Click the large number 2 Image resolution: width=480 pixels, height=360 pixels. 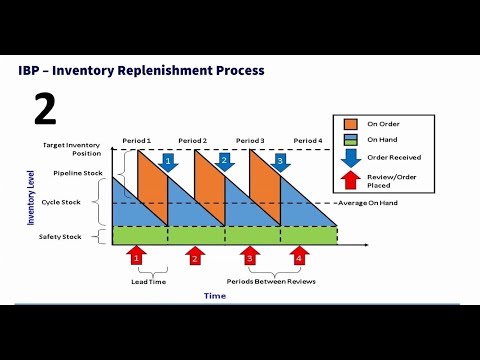pos(44,107)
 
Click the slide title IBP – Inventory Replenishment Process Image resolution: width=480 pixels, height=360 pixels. pos(141,71)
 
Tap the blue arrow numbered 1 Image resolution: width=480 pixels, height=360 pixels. pos(168,160)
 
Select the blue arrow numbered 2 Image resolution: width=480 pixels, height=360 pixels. pos(224,160)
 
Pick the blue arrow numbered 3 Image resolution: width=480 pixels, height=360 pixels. pos(280,160)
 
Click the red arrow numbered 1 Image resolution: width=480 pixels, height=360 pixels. pos(138,257)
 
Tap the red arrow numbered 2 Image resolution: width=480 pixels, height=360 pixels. pos(195,257)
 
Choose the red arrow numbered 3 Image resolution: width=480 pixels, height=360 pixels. pos(250,257)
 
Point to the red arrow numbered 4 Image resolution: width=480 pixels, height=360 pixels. pos(299,257)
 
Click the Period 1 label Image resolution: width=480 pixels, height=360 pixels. pos(138,140)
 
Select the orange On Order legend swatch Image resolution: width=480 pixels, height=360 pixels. pos(349,123)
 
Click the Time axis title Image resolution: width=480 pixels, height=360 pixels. pos(215,296)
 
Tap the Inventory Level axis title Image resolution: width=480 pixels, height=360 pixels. pos(31,197)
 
